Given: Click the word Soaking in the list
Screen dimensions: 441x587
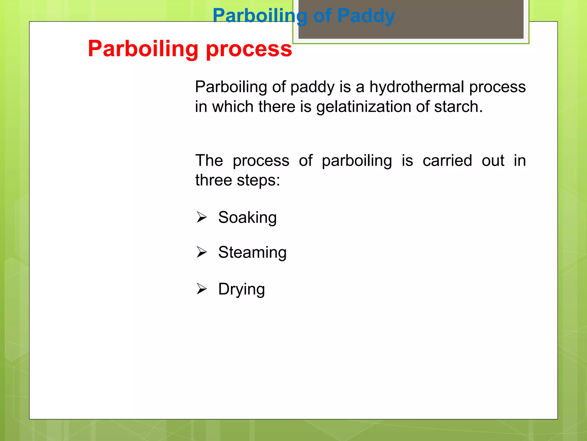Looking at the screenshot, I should pos(247,218).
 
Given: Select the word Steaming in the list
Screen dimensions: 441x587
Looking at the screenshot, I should pos(252,253).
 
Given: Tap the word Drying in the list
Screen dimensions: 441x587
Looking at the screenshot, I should pos(241,289).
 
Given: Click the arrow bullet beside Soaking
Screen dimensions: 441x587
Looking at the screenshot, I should pos(201,217).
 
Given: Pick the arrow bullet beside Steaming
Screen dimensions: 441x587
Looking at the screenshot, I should pos(201,252).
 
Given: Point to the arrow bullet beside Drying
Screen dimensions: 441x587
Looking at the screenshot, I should pos(201,289).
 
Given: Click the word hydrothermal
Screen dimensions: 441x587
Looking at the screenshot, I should pos(416,87).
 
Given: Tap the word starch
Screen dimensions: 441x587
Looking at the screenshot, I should pos(458,107).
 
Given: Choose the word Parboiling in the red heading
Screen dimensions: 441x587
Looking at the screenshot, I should pos(143,49).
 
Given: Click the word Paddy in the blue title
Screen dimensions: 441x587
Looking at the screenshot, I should pos(366,16).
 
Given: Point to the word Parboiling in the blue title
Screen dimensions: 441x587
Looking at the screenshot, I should pos(260,16).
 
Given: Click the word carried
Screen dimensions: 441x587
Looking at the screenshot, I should pos(447,160).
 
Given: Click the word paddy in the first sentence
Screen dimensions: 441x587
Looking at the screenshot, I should pos(312,87).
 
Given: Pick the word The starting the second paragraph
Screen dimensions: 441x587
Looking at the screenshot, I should pos(209,160).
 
